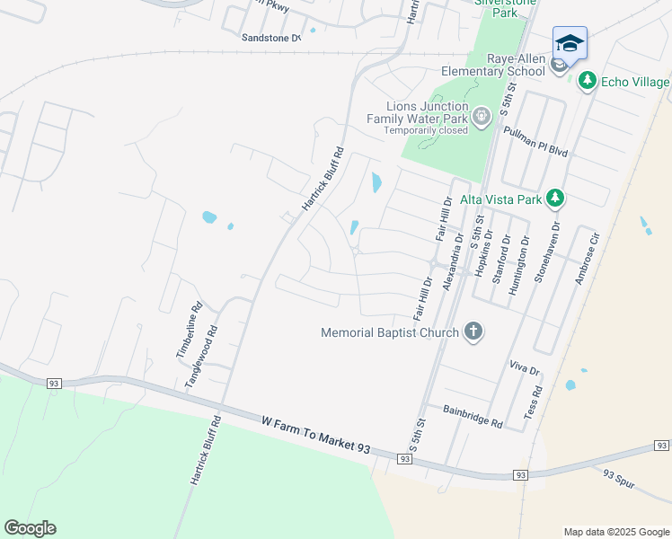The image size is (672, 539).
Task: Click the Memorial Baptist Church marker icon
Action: pyautogui.click(x=473, y=332)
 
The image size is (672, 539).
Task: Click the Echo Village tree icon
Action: pyautogui.click(x=588, y=82)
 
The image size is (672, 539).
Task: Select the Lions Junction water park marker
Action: pyautogui.click(x=482, y=115)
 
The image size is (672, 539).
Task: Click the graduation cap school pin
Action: pyautogui.click(x=570, y=44)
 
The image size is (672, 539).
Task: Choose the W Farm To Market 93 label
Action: pyautogui.click(x=316, y=434)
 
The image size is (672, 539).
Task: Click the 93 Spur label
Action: pyautogui.click(x=619, y=480)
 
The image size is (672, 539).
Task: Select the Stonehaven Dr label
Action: pyautogui.click(x=546, y=255)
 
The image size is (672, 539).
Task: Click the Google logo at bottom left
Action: pyautogui.click(x=30, y=528)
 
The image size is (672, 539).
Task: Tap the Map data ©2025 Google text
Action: pyautogui.click(x=615, y=532)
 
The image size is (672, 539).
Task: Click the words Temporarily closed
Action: pyautogui.click(x=426, y=130)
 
